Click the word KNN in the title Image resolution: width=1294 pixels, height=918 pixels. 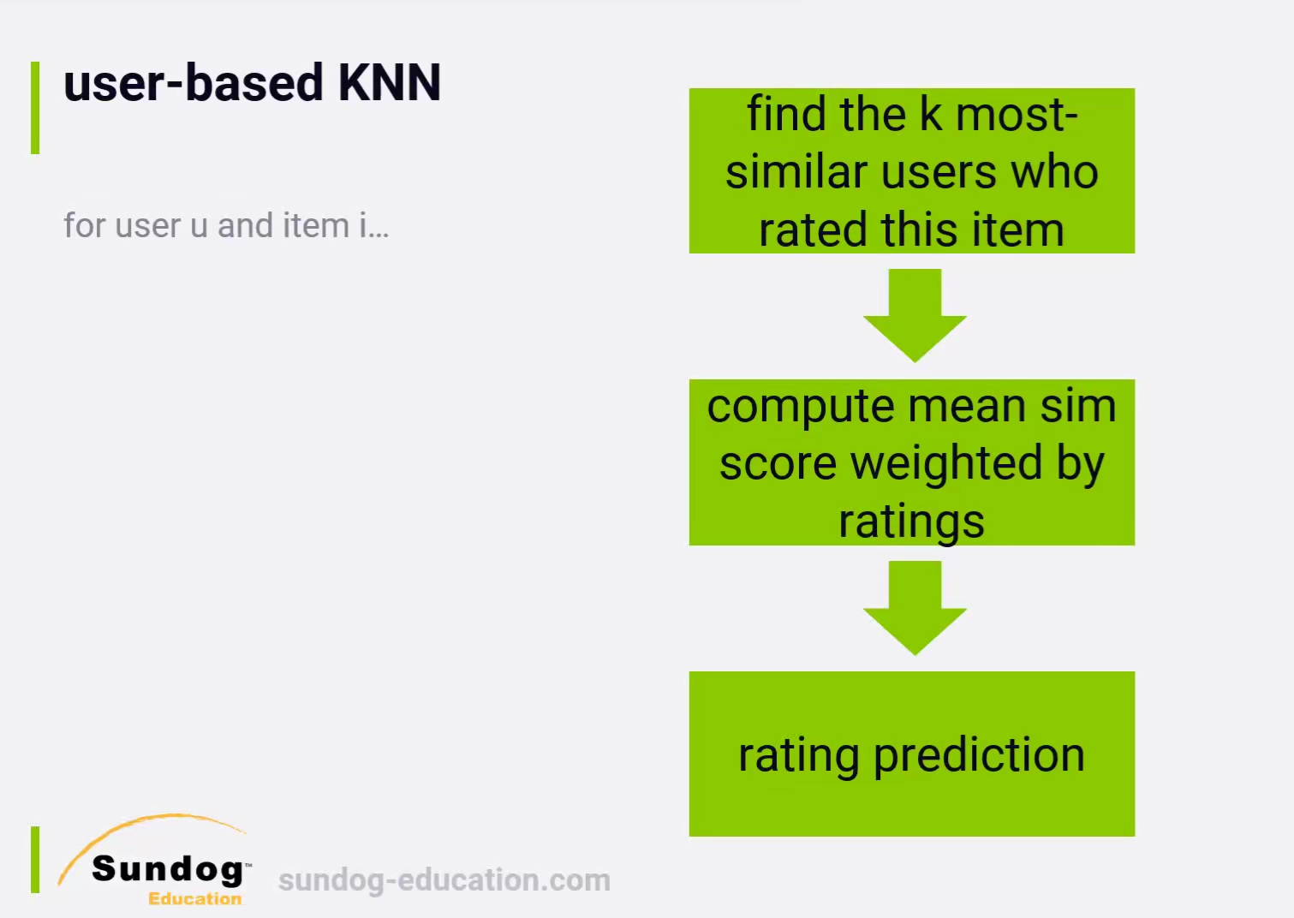coord(389,82)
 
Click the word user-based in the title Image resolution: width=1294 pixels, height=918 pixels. coord(193,82)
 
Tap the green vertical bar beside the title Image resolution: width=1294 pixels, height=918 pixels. coord(35,107)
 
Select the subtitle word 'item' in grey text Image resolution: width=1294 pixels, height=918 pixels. coord(316,224)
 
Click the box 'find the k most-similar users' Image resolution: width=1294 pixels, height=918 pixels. coord(911,170)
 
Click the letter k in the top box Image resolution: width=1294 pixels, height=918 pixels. coord(930,114)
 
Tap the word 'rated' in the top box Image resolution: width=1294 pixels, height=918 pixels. coord(814,229)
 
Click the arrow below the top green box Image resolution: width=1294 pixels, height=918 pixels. coord(915,315)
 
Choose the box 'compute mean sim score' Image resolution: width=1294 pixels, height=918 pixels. coord(911,462)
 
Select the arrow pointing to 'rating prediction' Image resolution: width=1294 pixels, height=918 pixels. coord(915,608)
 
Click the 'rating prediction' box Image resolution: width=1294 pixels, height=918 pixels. coord(911,754)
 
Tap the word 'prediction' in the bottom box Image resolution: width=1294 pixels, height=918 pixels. coord(979,755)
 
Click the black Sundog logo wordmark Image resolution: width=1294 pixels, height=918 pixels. coord(168,869)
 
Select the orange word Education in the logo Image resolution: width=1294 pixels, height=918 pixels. coord(195,898)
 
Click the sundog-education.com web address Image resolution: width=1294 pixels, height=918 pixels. coord(444,879)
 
